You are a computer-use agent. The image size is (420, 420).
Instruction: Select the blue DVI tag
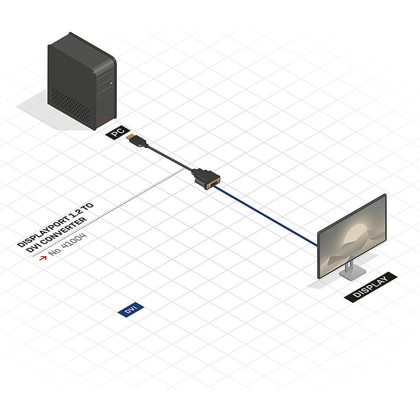point(131,310)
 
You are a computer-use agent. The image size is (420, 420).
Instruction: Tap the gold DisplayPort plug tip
point(131,137)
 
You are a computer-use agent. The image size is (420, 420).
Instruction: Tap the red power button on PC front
point(107,118)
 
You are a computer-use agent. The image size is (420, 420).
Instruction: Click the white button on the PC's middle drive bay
point(110,84)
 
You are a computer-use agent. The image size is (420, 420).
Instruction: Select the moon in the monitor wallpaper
point(357,229)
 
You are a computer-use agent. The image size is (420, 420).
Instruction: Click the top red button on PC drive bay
point(111,76)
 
